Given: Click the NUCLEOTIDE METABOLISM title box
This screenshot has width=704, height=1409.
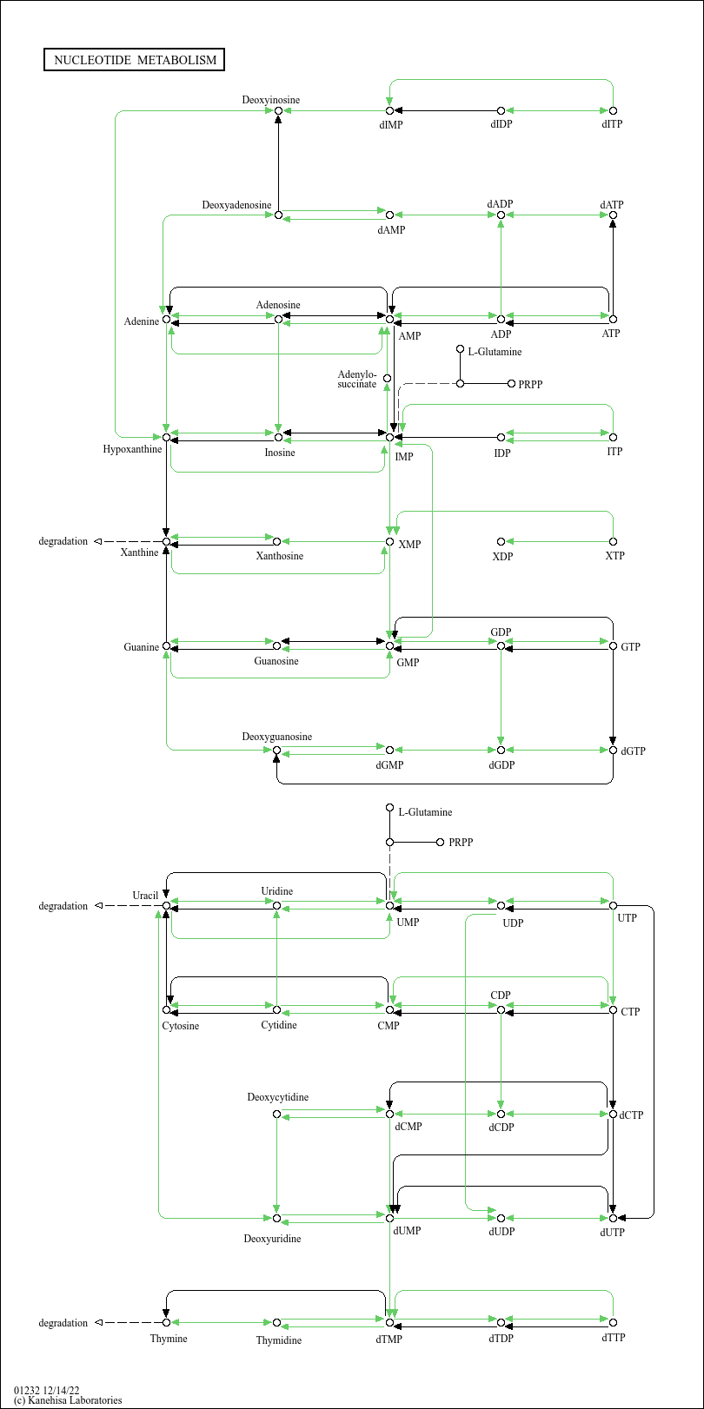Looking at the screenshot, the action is point(134,60).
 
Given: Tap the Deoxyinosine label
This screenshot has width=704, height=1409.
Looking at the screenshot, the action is point(270,100).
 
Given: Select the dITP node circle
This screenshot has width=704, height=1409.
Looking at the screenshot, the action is point(613,110).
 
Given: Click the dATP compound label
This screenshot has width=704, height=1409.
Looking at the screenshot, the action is point(612,204).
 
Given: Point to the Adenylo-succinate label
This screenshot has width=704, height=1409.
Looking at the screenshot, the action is point(356,380).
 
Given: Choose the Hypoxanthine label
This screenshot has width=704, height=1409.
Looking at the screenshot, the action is point(132,449).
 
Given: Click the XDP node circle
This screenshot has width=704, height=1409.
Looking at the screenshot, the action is point(501,541).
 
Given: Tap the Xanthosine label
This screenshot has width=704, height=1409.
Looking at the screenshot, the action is point(279,556).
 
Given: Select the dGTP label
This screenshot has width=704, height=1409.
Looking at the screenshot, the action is point(633,751).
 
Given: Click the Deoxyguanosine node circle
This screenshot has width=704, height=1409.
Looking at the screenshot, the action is point(276,750).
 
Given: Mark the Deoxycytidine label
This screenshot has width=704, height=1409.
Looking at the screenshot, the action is point(277,1097).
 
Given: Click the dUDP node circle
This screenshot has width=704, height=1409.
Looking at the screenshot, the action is point(501,1219).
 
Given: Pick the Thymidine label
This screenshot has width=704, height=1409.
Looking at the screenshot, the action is point(279,1340).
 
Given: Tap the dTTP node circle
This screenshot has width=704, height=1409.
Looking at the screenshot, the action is point(613,1322).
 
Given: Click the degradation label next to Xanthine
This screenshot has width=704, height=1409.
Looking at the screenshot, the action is point(63,541).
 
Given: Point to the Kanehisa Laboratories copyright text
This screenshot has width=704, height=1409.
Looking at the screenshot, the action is point(68,1400).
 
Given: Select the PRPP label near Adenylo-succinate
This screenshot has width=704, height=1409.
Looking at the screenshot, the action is point(530,384).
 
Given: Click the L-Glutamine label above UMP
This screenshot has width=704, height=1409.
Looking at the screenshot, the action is point(425,812).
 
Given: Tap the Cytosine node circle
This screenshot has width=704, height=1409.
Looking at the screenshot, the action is point(166,1009).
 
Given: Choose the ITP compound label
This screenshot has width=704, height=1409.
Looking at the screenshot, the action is point(614,452).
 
